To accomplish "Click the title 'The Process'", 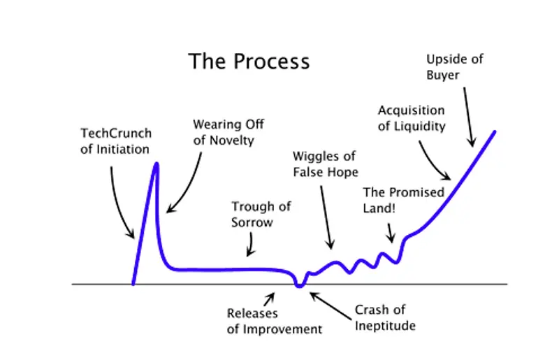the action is coord(249,62).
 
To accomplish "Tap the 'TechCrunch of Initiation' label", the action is coord(115,141).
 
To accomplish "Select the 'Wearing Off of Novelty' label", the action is coord(228,132).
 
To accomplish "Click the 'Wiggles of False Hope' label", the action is coord(325,164).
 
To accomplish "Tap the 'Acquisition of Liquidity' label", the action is coord(412,119).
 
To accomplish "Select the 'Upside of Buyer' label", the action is coord(454,67).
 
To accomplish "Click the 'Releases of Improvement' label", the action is coord(275,322).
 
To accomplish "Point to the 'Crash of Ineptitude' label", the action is coord(384,318).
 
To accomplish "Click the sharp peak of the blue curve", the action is coord(156,165).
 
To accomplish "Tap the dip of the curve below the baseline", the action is coord(300,285).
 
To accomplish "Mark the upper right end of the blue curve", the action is coord(495,131).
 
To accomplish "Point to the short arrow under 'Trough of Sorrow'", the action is coord(250,244).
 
